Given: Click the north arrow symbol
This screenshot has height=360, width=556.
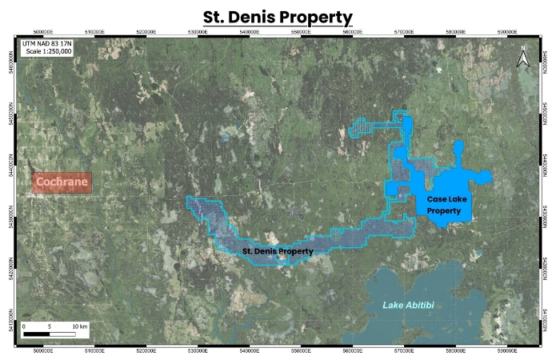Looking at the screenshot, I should point(522,58).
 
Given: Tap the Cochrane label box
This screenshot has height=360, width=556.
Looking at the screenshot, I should point(62,183).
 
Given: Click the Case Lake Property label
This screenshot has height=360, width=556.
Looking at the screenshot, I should point(445,204).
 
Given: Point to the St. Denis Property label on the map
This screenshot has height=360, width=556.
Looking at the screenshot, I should point(277,251).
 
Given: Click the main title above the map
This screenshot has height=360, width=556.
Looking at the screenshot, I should point(278,16).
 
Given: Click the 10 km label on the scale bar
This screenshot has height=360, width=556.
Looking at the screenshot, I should point(79,326).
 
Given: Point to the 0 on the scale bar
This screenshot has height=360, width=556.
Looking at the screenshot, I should point(24,326).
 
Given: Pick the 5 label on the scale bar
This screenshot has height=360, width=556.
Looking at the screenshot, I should point(50,326).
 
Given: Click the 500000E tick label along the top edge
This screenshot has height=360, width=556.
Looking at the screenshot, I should point(43,33).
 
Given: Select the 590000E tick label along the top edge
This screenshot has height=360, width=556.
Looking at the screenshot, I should point(506,33).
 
